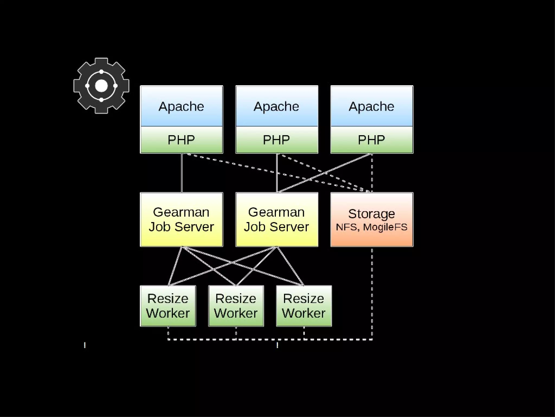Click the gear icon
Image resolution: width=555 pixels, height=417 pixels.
pyautogui.click(x=101, y=86)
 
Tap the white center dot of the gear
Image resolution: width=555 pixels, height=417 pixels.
pyautogui.click(x=101, y=86)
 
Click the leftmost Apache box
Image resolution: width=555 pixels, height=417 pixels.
pyautogui.click(x=181, y=106)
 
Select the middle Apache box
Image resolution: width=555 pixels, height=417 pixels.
pyautogui.click(x=276, y=106)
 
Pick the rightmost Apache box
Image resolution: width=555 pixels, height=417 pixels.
pyautogui.click(x=372, y=106)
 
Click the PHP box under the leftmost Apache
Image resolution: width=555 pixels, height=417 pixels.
pyautogui.click(x=181, y=140)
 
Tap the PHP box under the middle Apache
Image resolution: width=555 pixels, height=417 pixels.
pyautogui.click(x=276, y=140)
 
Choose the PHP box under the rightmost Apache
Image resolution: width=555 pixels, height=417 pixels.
pyautogui.click(x=372, y=140)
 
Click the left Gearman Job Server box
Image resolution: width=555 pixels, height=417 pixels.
pyautogui.click(x=181, y=219)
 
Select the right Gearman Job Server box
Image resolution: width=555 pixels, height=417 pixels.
pyautogui.click(x=276, y=219)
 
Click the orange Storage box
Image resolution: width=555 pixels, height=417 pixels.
pyautogui.click(x=372, y=219)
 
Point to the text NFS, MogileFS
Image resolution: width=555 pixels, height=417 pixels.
pyautogui.click(x=372, y=227)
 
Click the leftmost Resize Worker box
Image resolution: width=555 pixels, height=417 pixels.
pyautogui.click(x=168, y=306)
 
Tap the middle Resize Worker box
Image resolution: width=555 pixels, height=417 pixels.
pyautogui.click(x=236, y=306)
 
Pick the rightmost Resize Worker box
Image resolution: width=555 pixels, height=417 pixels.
pyautogui.click(x=304, y=306)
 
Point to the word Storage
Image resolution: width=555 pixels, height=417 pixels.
pyautogui.click(x=372, y=214)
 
